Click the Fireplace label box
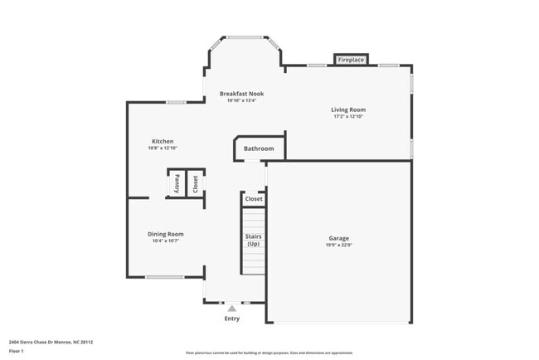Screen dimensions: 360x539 352,60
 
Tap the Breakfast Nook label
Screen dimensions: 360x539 241,94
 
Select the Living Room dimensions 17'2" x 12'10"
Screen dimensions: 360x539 348,116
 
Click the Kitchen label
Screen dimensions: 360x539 163,141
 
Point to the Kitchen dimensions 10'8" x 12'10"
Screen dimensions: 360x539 163,148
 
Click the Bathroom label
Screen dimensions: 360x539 259,149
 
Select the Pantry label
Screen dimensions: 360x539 177,183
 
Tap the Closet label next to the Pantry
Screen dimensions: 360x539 195,183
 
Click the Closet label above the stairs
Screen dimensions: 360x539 254,199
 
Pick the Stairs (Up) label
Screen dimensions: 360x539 253,241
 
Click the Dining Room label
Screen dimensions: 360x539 166,234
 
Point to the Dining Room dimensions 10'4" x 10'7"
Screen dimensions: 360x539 166,241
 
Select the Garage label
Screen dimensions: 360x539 338,238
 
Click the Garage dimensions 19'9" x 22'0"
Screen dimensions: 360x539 338,246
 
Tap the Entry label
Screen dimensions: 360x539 232,319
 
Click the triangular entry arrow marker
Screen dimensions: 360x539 232,308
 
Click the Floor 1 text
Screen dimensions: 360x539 17,351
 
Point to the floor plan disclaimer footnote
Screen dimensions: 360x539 269,353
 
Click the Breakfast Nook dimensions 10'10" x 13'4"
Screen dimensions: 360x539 241,101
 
